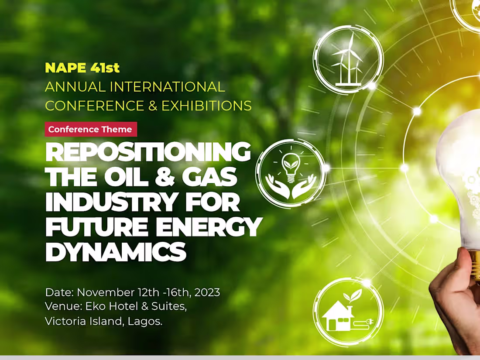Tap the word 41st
(105, 68)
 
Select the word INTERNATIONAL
(167, 87)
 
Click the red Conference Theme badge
(90, 129)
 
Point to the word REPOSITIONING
(148, 152)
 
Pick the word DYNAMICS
(116, 252)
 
